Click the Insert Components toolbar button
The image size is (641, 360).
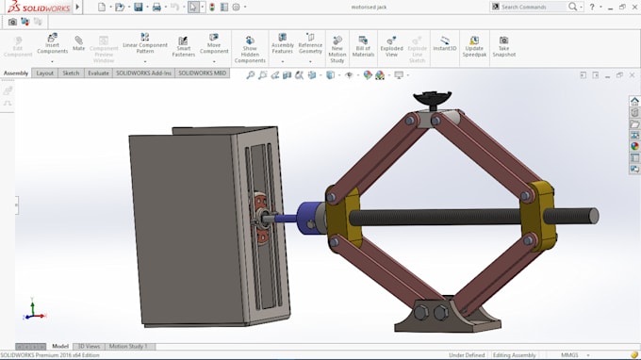tap(52, 44)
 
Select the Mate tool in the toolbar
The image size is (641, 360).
tap(79, 44)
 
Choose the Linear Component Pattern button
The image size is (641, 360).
tap(144, 44)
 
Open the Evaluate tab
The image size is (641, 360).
tap(98, 73)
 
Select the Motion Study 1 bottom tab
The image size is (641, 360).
tap(128, 346)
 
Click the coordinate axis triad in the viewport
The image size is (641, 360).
tap(35, 311)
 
